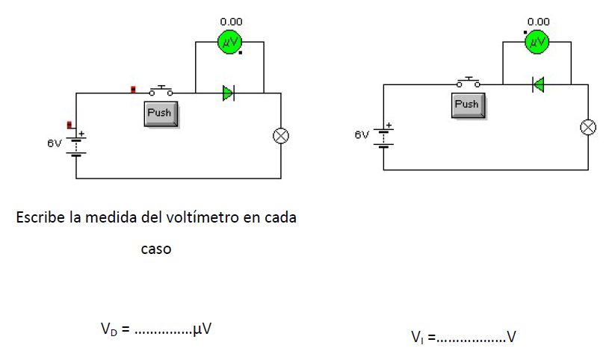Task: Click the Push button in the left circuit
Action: tap(159, 114)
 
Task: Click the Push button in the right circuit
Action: tap(467, 105)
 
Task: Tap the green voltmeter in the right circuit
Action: tap(537, 43)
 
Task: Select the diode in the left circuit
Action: tap(229, 93)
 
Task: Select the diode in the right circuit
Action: tap(537, 84)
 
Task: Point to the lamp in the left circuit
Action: tap(282, 136)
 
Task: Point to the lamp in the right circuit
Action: tap(589, 127)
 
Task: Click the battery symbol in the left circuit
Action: tap(76, 143)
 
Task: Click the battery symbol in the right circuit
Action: tap(384, 136)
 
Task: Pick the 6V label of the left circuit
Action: tap(54, 143)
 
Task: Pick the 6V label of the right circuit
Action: tap(362, 135)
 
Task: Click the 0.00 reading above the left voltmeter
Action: tap(230, 22)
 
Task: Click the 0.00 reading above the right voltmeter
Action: tap(538, 22)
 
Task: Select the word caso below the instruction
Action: tap(156, 249)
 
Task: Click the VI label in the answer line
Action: tap(417, 338)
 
